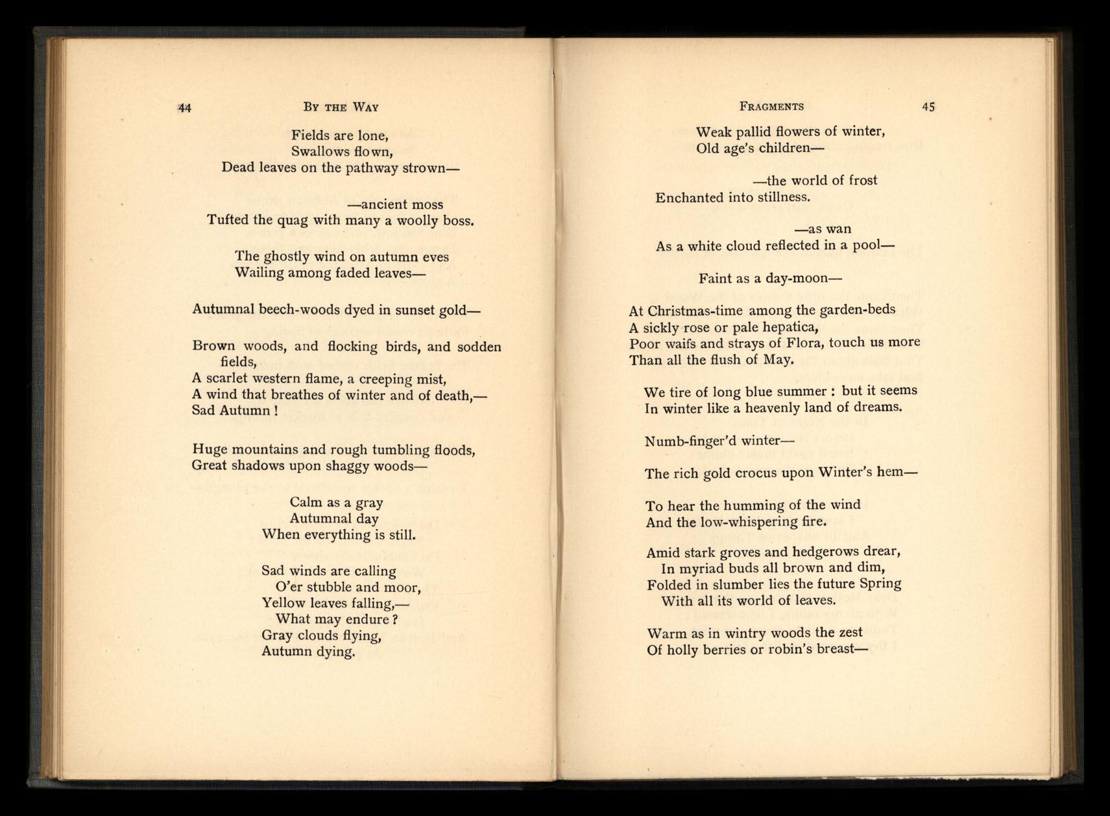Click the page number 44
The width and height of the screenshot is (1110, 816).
coord(185,108)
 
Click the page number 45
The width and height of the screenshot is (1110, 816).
coord(928,107)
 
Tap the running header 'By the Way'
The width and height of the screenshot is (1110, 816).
coord(341,107)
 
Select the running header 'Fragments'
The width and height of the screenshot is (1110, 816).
coord(771,106)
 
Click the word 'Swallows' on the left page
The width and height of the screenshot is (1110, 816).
coord(319,152)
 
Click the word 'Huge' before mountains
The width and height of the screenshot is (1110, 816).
coord(210,449)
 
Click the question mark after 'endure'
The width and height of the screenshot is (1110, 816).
coord(395,619)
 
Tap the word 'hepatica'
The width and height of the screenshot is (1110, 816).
coord(784,327)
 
